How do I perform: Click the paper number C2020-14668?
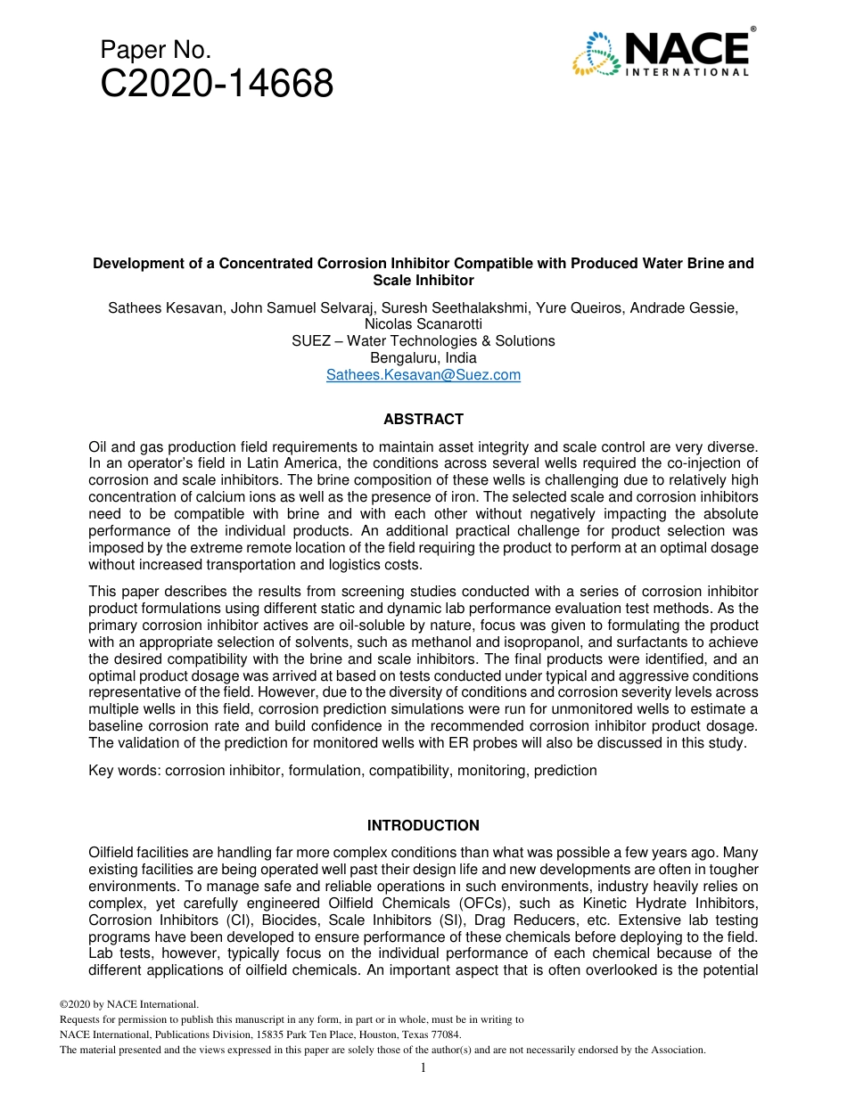tap(217, 85)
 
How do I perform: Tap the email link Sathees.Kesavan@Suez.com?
tap(423, 375)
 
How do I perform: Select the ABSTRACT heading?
tap(423, 419)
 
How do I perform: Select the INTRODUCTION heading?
tap(423, 825)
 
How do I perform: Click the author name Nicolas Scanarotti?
tap(423, 324)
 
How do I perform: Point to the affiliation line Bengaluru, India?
tap(423, 358)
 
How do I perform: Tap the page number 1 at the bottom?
tap(423, 1067)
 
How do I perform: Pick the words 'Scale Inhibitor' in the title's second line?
tap(423, 280)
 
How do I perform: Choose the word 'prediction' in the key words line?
tap(565, 770)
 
